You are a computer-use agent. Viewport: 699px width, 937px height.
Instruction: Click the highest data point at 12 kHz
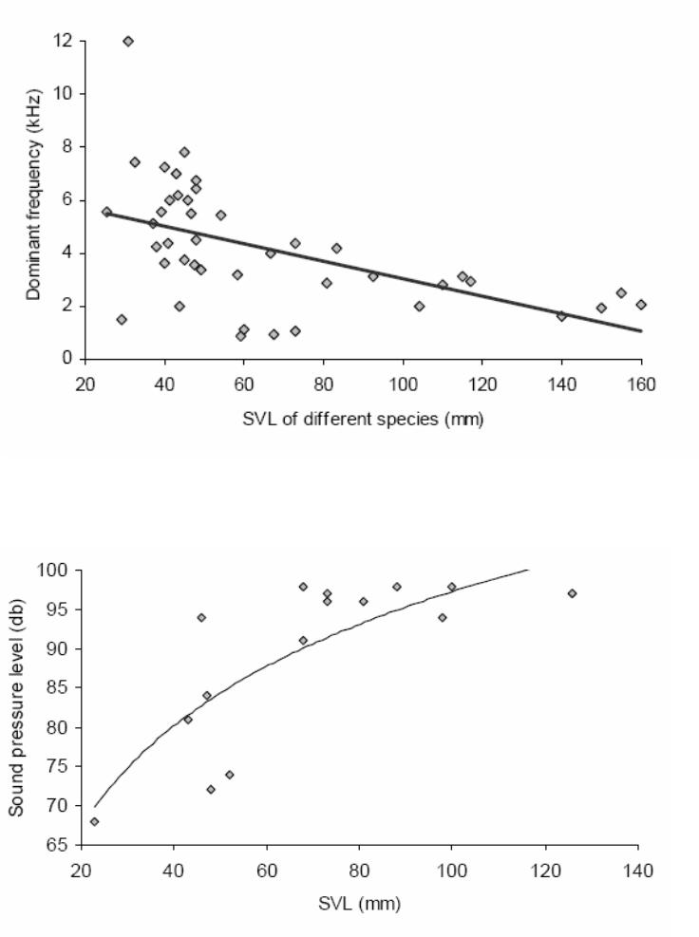click(128, 41)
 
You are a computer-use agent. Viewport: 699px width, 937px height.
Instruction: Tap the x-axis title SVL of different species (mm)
click(362, 421)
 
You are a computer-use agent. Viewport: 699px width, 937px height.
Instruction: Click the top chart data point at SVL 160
click(641, 305)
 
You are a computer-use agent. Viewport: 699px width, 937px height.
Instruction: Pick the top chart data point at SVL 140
click(561, 316)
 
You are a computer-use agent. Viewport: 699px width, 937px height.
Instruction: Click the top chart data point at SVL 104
click(419, 306)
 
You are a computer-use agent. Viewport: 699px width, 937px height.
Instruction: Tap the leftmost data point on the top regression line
click(106, 212)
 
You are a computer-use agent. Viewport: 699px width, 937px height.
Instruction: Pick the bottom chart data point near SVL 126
click(572, 593)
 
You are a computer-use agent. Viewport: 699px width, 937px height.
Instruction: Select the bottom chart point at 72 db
click(211, 790)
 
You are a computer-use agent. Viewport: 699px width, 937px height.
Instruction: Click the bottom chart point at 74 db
click(229, 774)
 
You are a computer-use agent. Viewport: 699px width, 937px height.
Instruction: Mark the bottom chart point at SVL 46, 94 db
click(201, 617)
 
